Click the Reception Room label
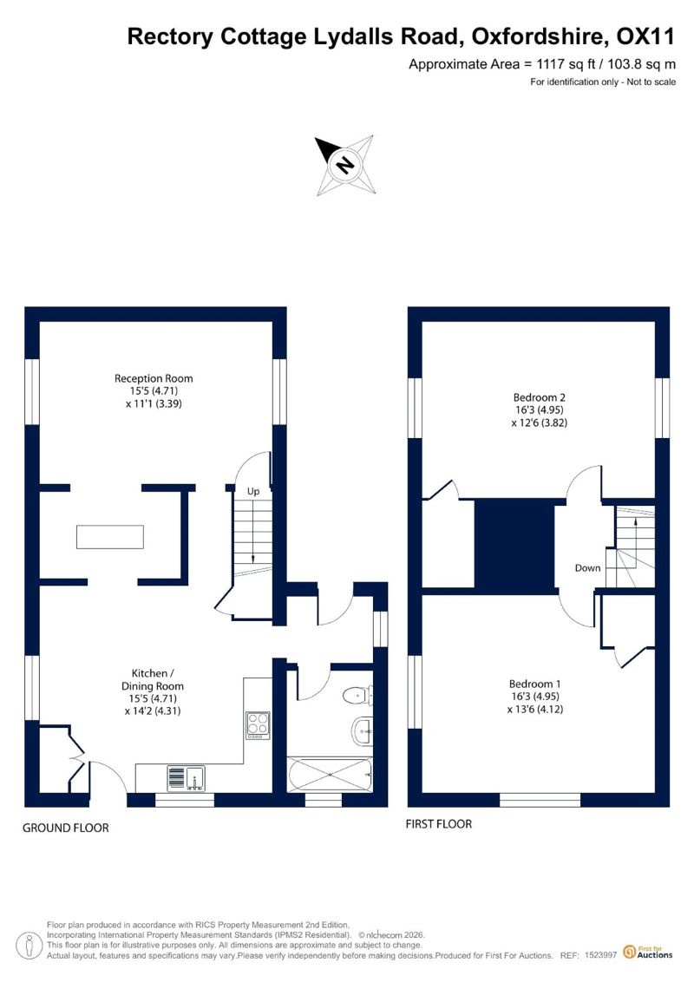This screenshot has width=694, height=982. pyautogui.click(x=154, y=378)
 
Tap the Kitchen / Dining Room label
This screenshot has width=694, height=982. pyautogui.click(x=152, y=679)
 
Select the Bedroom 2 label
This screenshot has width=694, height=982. pyautogui.click(x=540, y=397)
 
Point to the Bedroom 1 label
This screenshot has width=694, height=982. pyautogui.click(x=535, y=684)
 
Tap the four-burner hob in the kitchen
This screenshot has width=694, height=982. pyautogui.click(x=258, y=725)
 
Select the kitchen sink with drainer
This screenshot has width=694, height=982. pyautogui.click(x=186, y=778)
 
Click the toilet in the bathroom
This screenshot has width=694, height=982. pyautogui.click(x=358, y=695)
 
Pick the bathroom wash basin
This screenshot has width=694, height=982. pyautogui.click(x=363, y=732)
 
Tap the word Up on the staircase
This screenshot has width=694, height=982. pyautogui.click(x=253, y=491)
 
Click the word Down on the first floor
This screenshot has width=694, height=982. pyautogui.click(x=587, y=568)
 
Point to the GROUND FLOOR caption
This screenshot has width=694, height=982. pyautogui.click(x=66, y=828)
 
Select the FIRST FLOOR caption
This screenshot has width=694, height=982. pyautogui.click(x=438, y=824)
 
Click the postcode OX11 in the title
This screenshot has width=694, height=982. pyautogui.click(x=645, y=37)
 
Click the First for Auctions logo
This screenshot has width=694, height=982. pyautogui.click(x=648, y=953)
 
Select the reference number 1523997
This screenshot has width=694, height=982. pyautogui.click(x=600, y=955)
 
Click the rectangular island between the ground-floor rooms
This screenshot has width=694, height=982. pyautogui.click(x=110, y=537)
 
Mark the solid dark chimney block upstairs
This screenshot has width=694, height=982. pyautogui.click(x=515, y=544)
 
